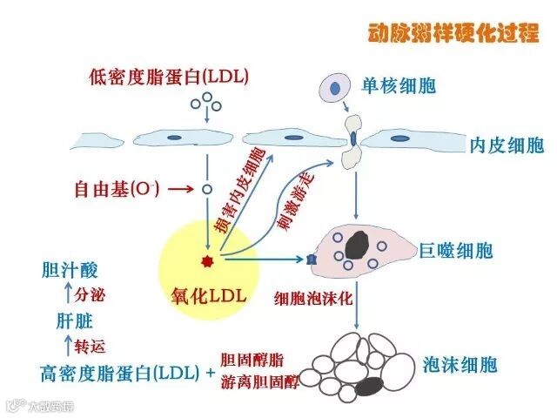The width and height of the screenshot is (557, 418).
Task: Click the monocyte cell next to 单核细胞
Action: tap(333, 87)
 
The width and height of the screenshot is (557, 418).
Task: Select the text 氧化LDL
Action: tap(210, 295)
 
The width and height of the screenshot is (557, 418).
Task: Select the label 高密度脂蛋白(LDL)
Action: tap(121, 374)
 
